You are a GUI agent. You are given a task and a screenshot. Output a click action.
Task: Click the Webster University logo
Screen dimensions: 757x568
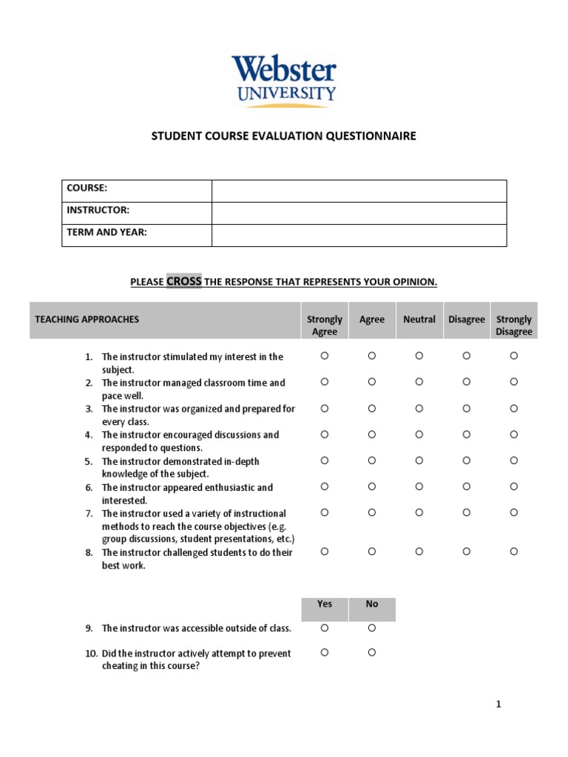[x=283, y=80]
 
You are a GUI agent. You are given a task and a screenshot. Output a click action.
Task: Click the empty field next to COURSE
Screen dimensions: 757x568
[x=359, y=191]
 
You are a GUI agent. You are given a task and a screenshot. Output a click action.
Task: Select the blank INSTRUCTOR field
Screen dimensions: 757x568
[x=359, y=213]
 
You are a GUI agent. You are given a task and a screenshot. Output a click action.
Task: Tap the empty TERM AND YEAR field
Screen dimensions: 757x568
[x=359, y=235]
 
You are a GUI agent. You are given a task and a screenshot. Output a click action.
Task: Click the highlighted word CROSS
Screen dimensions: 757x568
[x=183, y=282]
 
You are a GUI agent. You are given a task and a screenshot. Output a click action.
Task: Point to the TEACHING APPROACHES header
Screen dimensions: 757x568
[x=87, y=319]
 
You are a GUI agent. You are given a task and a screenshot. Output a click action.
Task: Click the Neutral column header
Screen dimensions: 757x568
[x=419, y=319]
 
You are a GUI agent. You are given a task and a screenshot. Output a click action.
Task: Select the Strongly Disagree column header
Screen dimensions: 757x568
[x=513, y=325]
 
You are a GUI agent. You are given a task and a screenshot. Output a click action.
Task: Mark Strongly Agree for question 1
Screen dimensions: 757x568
[x=324, y=356]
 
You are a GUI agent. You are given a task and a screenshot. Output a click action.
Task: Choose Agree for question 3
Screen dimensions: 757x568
[x=372, y=408]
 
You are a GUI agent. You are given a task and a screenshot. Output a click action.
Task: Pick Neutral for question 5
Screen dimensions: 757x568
[x=419, y=460]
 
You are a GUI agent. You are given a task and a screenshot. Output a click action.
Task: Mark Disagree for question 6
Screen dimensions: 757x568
[x=466, y=486]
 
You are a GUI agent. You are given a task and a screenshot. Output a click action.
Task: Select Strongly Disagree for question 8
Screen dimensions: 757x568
[x=513, y=551]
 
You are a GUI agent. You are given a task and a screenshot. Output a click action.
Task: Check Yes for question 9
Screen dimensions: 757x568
[x=324, y=628]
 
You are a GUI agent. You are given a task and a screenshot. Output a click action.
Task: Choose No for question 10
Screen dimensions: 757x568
[x=372, y=652]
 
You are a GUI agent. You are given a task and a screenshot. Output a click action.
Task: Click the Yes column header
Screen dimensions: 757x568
[x=324, y=604]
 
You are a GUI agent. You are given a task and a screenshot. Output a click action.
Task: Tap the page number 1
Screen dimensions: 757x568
[x=498, y=705]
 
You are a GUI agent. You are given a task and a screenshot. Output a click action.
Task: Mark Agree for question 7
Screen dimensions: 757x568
[x=372, y=512]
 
